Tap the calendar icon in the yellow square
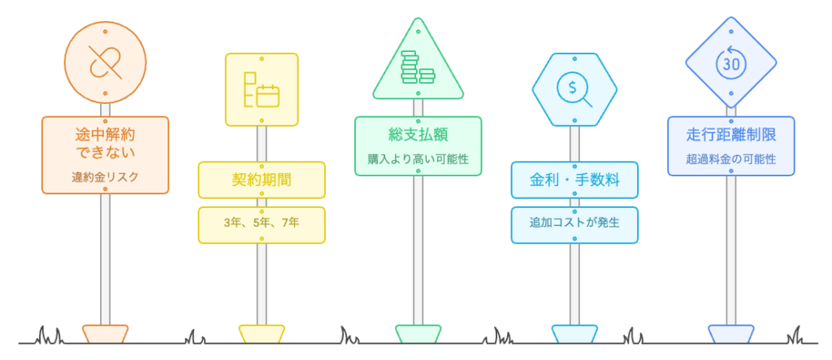tap(261, 90)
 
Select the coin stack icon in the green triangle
tap(418, 67)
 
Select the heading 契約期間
tap(261, 180)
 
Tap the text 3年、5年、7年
tap(261, 225)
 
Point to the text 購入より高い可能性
tap(418, 158)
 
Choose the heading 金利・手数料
tap(574, 180)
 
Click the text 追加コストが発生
tap(574, 223)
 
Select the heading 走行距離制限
tap(730, 134)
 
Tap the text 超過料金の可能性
tap(730, 159)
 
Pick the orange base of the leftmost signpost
tap(105, 334)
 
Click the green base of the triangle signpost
tap(418, 334)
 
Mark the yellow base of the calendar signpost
tap(261, 334)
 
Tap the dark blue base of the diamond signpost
tap(730, 334)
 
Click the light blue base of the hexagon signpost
tap(574, 334)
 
